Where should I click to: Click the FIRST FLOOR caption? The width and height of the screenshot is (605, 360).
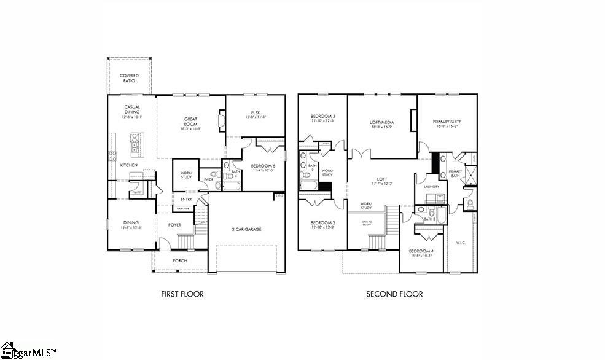click(182, 294)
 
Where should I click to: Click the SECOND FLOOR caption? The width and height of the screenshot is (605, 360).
click(394, 294)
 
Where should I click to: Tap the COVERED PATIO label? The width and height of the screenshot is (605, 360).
click(129, 78)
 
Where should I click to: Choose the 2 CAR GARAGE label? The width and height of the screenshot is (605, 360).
click(247, 229)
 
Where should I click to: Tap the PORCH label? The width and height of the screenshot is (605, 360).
click(179, 260)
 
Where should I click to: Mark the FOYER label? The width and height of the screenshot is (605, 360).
click(175, 225)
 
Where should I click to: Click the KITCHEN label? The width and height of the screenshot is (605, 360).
click(128, 165)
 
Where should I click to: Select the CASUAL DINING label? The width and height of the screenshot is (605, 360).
click(132, 109)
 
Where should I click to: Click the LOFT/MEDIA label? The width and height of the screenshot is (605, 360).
click(381, 123)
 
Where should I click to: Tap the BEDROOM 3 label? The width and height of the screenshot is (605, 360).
click(322, 117)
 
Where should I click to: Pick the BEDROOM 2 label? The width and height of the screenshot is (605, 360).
click(322, 224)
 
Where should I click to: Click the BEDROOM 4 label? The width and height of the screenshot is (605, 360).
click(421, 252)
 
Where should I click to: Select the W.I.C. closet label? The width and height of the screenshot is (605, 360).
click(461, 242)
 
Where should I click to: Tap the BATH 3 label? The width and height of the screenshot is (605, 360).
click(429, 219)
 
